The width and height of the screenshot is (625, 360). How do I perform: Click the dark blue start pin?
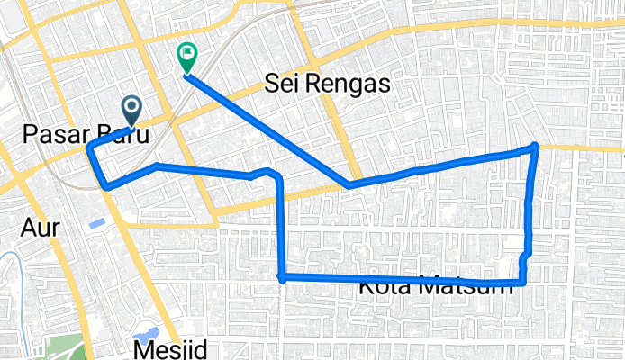point(131,112)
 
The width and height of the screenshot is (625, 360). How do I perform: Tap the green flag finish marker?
point(187,58)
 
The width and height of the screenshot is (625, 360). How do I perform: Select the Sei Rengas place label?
point(327,85)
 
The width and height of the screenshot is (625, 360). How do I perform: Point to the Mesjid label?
point(170,349)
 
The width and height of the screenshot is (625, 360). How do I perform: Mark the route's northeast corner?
point(535,146)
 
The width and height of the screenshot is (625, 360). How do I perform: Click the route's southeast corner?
point(521,283)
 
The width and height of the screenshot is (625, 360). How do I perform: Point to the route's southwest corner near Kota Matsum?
point(282,277)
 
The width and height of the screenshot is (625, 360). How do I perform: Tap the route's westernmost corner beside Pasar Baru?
point(88,148)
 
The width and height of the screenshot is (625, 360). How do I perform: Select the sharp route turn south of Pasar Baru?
point(107,186)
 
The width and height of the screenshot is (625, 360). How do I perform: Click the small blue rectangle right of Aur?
point(95,222)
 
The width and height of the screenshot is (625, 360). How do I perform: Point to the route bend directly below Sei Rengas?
point(349,186)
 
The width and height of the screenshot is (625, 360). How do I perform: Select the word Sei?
point(281,85)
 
